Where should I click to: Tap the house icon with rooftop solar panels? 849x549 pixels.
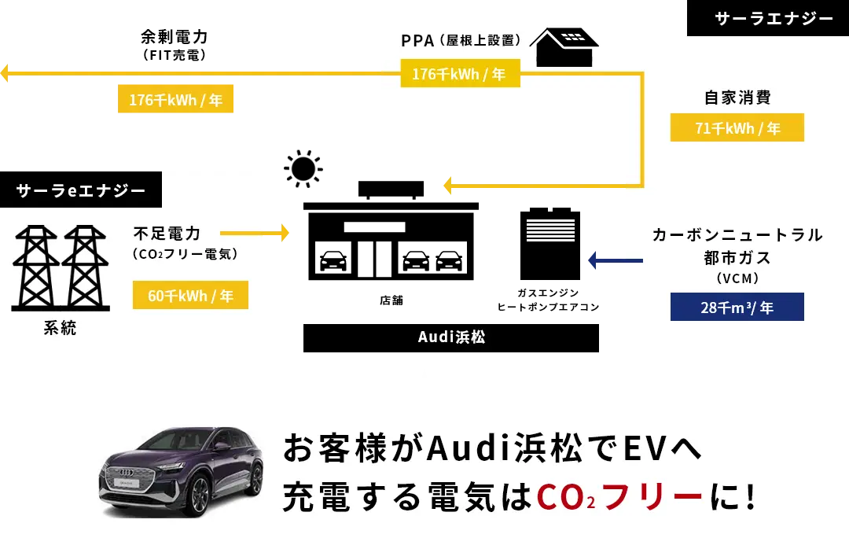[564, 47]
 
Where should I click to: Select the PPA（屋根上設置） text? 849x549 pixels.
[461, 40]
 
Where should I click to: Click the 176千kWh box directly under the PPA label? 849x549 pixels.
[460, 75]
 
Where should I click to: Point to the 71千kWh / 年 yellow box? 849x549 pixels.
[737, 128]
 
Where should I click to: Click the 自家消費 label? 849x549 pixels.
[737, 98]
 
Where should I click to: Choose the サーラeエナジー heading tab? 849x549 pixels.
[81, 190]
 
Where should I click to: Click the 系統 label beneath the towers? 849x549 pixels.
[60, 329]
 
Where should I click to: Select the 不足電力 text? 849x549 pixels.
[167, 234]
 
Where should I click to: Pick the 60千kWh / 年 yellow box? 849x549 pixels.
[190, 296]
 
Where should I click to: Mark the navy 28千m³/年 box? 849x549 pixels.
[737, 308]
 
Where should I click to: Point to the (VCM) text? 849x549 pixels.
[737, 278]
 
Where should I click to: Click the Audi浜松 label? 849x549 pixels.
[451, 337]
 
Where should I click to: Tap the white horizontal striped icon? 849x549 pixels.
[550, 230]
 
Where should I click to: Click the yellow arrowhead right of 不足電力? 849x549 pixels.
[283, 233]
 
